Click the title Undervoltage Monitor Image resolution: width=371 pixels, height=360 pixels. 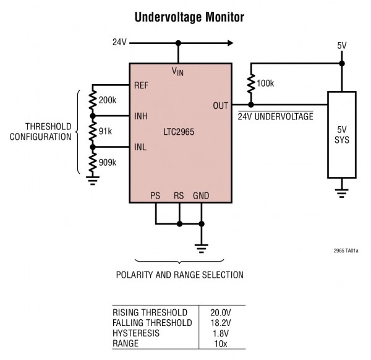[x=185, y=17]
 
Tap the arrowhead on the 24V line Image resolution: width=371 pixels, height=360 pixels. [x=230, y=43]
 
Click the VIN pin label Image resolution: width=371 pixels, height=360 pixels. [x=178, y=72]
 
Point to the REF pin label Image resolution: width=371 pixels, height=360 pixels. [x=142, y=86]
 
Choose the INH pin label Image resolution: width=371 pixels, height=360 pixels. [x=141, y=116]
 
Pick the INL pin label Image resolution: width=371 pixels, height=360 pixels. [x=140, y=147]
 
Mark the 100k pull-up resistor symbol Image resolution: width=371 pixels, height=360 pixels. [x=250, y=83]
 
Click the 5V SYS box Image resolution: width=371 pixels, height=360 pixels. [x=341, y=135]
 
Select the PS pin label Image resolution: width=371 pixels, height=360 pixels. [x=156, y=196]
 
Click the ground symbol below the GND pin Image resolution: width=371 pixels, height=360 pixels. [x=201, y=248]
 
